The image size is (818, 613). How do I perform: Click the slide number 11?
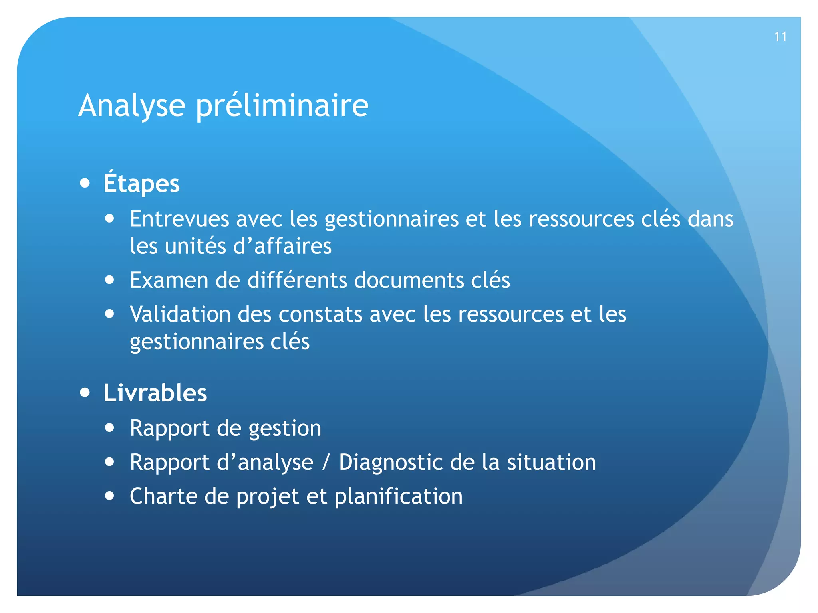pos(780,37)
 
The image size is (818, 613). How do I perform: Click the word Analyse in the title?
pos(132,106)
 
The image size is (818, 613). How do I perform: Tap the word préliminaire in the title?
pos(282,106)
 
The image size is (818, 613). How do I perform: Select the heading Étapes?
pos(141,184)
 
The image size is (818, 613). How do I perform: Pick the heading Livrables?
pos(155,393)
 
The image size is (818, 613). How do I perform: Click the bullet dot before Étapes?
pos(85,183)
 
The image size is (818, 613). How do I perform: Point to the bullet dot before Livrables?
pos(85,392)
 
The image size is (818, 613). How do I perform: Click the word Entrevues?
pos(179,219)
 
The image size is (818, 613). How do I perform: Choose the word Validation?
pos(180,314)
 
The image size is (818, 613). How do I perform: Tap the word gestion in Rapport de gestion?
pos(284,429)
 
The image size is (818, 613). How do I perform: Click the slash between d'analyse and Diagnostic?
pos(326,463)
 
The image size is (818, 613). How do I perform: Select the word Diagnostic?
pos(391,463)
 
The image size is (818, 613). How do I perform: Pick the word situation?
pos(551,463)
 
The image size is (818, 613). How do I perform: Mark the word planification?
pos(398,496)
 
